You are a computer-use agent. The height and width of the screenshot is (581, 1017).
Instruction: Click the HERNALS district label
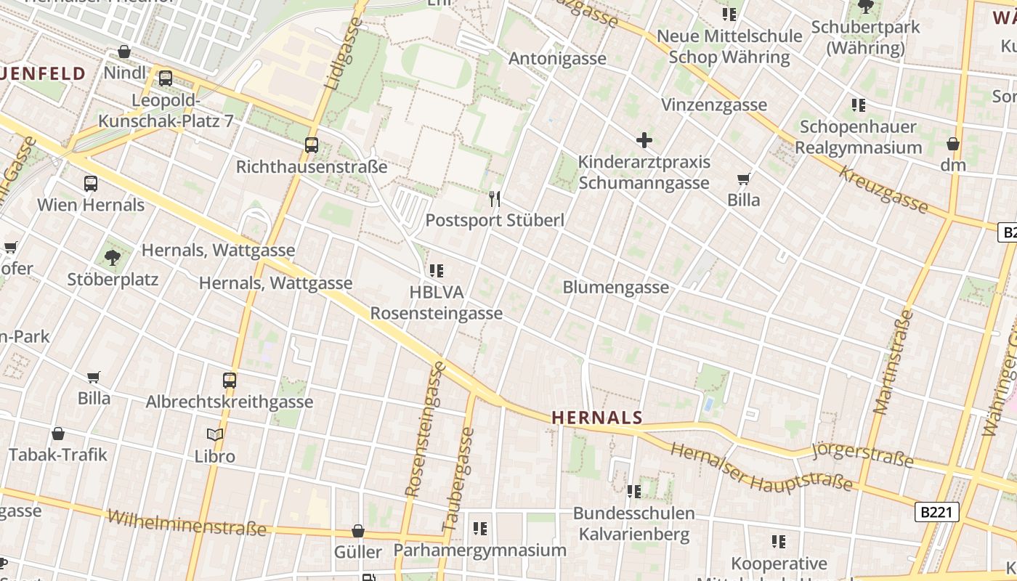(597, 418)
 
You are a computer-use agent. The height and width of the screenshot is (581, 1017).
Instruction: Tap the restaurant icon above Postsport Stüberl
(495, 198)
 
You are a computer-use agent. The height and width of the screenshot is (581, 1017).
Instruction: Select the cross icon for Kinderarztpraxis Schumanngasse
(644, 140)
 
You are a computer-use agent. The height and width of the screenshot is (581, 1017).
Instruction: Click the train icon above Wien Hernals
(91, 184)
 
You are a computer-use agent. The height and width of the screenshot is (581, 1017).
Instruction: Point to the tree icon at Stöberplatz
(113, 257)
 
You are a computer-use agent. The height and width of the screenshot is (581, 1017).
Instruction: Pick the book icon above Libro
(215, 435)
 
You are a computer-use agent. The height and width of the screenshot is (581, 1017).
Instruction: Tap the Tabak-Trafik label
(58, 455)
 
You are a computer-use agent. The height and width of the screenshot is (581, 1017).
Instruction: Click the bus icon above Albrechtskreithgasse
(230, 380)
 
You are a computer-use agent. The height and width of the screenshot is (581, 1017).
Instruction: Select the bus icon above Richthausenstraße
(312, 145)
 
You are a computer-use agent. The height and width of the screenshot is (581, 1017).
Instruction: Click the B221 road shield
(937, 512)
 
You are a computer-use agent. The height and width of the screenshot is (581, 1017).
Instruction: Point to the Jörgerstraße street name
(862, 455)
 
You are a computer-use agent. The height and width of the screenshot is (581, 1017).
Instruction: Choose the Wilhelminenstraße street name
(187, 523)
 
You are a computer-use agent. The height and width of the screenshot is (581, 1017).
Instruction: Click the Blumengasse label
(616, 288)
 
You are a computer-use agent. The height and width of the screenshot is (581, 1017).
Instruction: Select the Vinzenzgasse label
(714, 105)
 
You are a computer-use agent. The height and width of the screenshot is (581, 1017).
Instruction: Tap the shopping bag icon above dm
(953, 144)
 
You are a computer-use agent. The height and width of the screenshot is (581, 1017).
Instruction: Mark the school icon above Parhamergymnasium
(479, 529)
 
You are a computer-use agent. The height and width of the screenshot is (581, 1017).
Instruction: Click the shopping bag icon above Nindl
(124, 52)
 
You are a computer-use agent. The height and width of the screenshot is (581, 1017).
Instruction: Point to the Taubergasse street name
(458, 479)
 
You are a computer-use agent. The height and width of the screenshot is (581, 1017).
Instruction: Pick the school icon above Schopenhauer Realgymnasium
(859, 105)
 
